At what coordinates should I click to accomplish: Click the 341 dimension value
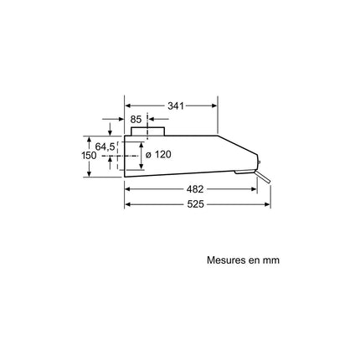[x=176, y=105]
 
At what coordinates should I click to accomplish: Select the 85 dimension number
[x=136, y=120]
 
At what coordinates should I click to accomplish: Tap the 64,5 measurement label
[x=105, y=147]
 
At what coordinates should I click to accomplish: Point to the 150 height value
[x=89, y=156]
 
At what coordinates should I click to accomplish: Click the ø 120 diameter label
[x=158, y=154]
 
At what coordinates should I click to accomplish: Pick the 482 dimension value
[x=195, y=189]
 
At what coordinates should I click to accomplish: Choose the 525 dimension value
[x=195, y=204]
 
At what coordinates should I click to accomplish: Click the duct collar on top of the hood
[x=148, y=131]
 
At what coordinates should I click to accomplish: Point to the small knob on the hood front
[x=259, y=163]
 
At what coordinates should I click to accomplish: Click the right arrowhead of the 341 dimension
[x=214, y=105]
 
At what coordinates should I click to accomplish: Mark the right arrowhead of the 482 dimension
[x=254, y=189]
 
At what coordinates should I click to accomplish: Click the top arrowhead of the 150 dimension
[x=89, y=140]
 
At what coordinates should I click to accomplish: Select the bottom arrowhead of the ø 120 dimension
[x=141, y=167]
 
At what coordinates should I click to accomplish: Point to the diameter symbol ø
[x=148, y=155]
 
